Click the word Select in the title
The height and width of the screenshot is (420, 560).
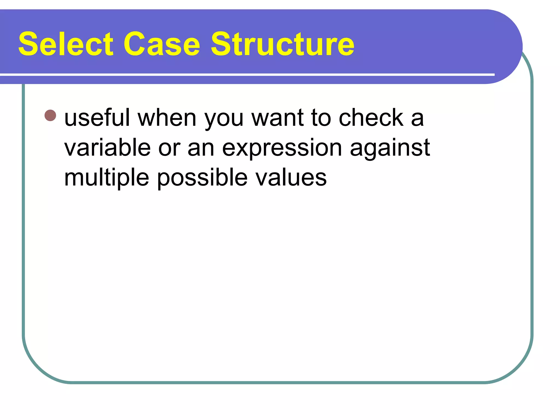click(x=66, y=44)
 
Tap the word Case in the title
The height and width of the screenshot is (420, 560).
click(x=162, y=44)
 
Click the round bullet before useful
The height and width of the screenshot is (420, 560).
click(x=50, y=115)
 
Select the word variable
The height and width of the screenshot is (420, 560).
click(x=107, y=148)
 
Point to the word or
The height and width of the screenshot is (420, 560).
click(x=169, y=149)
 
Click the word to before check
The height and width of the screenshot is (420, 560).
click(x=321, y=118)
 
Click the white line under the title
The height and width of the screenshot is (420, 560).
click(x=246, y=74)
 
